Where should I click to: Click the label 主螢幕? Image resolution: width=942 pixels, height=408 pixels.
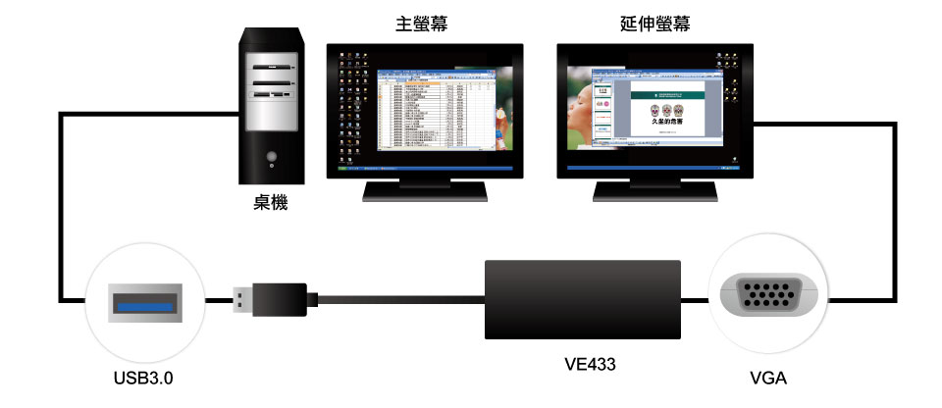pyautogui.click(x=423, y=24)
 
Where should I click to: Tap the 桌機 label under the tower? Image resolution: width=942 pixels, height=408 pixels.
pyautogui.click(x=271, y=204)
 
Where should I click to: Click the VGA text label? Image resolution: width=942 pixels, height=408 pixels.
pyautogui.click(x=766, y=377)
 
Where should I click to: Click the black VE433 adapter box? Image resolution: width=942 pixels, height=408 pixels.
pyautogui.click(x=584, y=299)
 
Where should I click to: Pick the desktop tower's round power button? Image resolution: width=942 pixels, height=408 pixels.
pyautogui.click(x=271, y=156)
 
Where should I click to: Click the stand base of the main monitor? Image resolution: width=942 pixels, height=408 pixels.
pyautogui.click(x=423, y=192)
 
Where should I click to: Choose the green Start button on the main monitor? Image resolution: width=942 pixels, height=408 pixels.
pyautogui.click(x=341, y=168)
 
